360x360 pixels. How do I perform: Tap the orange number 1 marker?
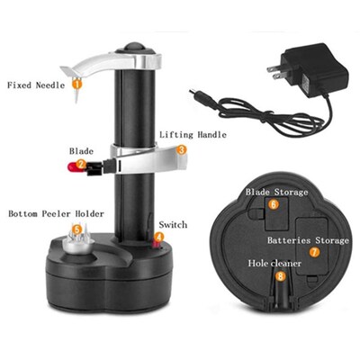pyautogui.click(x=76, y=83)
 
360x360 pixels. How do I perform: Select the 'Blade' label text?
pyautogui.click(x=81, y=150)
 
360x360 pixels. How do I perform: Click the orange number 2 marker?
pyautogui.click(x=81, y=164)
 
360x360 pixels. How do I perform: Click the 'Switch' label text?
pyautogui.click(x=172, y=224)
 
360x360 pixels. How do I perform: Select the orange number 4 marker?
pyautogui.click(x=158, y=238)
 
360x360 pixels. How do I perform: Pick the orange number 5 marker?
pyautogui.click(x=77, y=229)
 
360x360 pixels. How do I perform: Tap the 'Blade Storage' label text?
pyautogui.click(x=277, y=192)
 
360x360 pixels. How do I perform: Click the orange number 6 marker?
pyautogui.click(x=273, y=204)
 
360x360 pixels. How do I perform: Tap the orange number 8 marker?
pyautogui.click(x=281, y=277)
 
